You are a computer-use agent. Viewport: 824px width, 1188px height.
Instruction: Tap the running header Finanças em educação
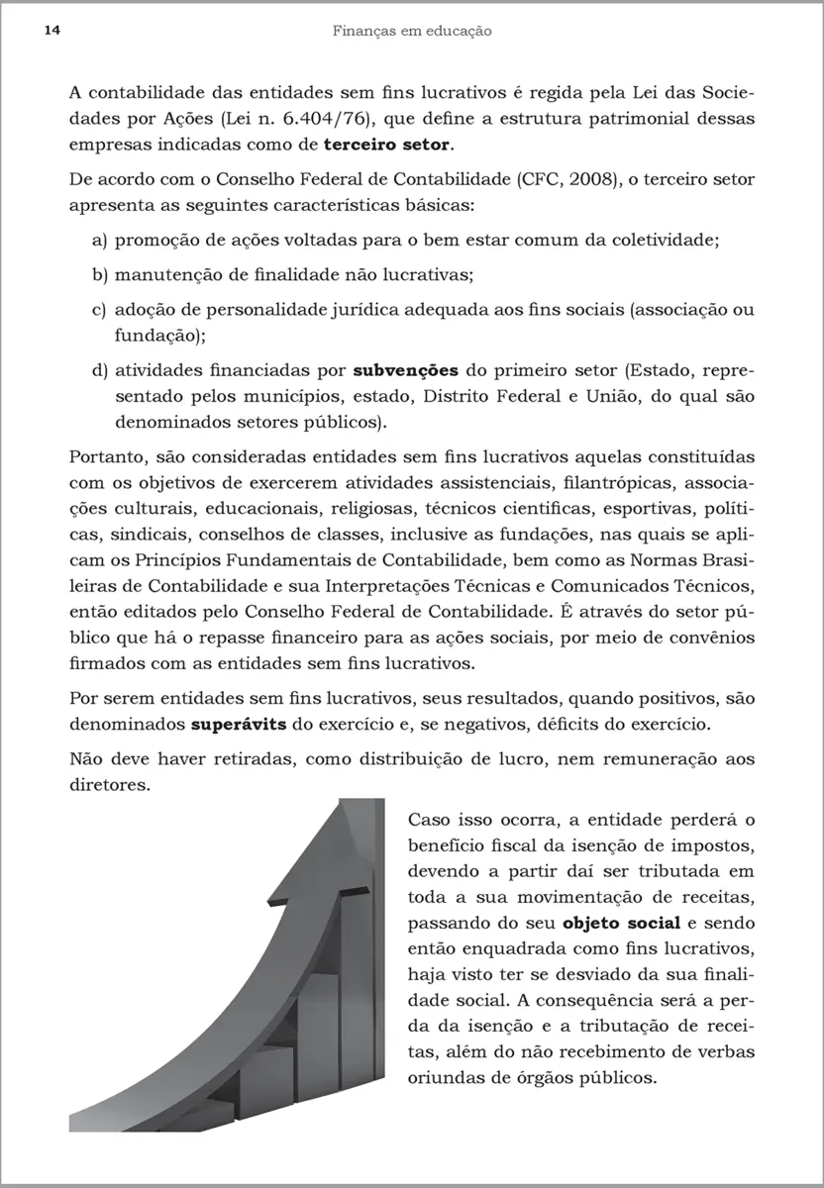[412, 31]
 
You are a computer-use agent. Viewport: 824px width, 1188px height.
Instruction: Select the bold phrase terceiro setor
[387, 145]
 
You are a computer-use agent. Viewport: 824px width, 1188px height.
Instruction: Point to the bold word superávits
[239, 724]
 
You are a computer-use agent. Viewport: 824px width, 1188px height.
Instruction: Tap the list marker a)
[99, 240]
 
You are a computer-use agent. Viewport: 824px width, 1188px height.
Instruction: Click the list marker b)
[99, 274]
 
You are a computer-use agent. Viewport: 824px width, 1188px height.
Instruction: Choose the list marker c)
[99, 309]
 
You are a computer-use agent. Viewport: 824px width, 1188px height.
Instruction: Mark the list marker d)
[99, 372]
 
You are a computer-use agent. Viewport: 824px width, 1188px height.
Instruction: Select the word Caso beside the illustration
[429, 822]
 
